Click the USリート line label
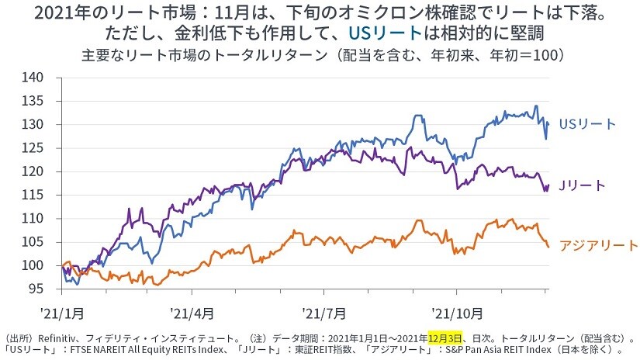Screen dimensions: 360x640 (587, 124)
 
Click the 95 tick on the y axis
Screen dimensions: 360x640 (44, 289)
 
